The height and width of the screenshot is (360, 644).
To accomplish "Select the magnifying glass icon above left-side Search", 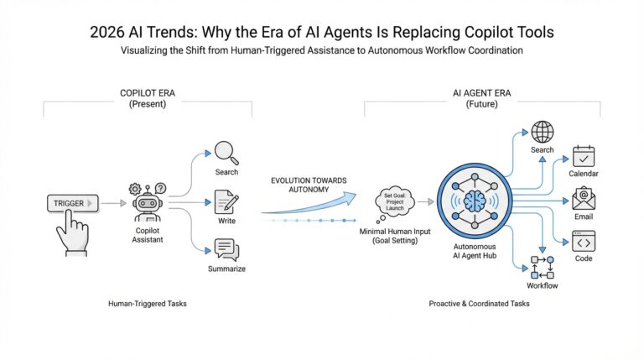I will (x=225, y=152).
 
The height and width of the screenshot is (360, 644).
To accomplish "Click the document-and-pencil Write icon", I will (x=226, y=201).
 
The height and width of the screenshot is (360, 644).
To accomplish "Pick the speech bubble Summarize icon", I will (x=226, y=248).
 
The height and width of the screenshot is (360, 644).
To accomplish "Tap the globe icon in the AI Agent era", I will (x=543, y=132).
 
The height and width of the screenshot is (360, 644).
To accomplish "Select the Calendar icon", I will (x=584, y=155).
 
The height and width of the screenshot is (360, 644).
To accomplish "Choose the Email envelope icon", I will (x=584, y=198).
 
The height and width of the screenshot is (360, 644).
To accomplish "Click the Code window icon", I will (x=584, y=242).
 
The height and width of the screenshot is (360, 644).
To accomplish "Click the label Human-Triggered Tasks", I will (x=148, y=302).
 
